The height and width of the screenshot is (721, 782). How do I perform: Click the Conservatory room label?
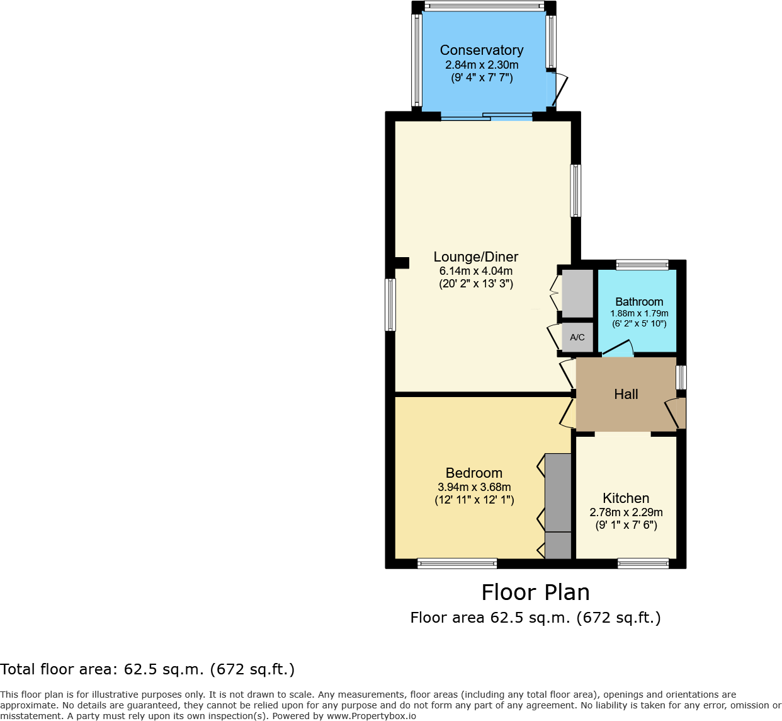coord(482,50)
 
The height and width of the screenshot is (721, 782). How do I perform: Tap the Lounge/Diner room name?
coord(476,257)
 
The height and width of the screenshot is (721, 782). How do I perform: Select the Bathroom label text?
coord(639,302)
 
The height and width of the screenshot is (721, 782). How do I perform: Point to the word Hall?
coord(626,395)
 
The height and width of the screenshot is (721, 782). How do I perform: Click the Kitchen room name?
coord(626,499)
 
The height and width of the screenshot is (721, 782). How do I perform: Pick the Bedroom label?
coord(474,473)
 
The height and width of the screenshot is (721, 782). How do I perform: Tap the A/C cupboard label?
coord(577,337)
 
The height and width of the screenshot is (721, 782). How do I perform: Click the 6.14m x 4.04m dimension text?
coord(476,271)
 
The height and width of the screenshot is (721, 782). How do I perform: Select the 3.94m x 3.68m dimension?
coord(474,487)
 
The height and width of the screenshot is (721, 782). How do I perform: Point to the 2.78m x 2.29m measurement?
coord(626,512)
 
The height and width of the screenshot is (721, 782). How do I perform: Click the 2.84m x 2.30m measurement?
coord(482,65)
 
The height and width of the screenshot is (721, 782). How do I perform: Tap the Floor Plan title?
coord(535,592)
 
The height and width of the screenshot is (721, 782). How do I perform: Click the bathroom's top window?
coord(642,265)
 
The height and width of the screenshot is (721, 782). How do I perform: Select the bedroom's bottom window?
coord(457,563)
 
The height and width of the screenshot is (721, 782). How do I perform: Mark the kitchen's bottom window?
coord(643,563)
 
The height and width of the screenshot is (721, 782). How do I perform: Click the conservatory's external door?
coord(559,89)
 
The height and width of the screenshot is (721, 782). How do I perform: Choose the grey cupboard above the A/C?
coord(577,294)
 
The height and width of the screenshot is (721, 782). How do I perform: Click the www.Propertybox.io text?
coord(371,716)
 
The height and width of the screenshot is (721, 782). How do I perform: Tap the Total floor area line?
coord(147,669)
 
